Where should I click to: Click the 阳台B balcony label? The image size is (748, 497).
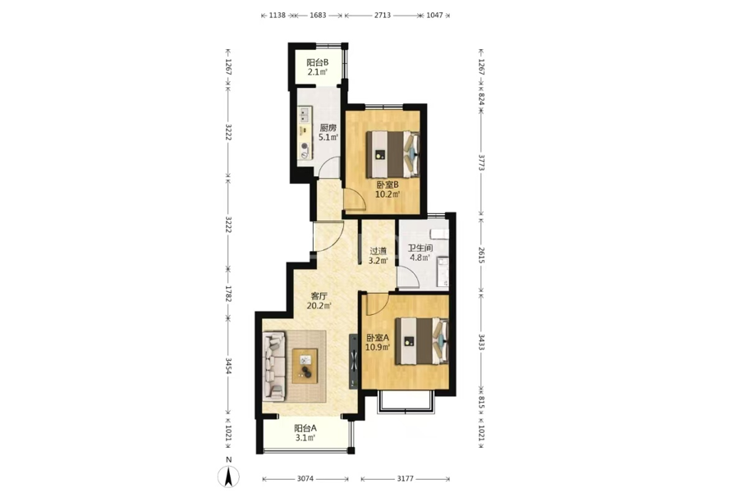tap(317, 62)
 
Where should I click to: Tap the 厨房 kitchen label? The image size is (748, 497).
tap(328, 128)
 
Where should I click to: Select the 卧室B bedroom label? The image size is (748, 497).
tap(388, 185)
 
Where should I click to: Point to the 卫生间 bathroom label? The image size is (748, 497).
tap(420, 248)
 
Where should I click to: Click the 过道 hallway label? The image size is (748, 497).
tap(378, 251)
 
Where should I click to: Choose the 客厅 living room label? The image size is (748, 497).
tap(319, 296)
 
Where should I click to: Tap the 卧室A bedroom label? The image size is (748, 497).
tap(378, 337)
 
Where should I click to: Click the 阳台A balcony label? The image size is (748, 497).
tap(305, 428)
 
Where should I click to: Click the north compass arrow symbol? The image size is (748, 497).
tap(228, 476)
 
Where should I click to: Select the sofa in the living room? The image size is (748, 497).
tap(274, 367)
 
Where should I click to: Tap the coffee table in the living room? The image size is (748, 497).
tap(305, 366)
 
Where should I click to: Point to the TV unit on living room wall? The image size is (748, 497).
tap(354, 361)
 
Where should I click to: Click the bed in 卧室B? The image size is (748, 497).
tap(393, 154)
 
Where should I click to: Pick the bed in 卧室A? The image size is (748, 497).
tap(422, 341)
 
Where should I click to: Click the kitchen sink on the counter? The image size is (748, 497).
tap(305, 115)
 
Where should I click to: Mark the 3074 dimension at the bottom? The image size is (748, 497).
tap(305, 479)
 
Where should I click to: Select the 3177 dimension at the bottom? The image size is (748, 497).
tap(406, 479)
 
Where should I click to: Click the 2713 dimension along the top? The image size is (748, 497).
tap(382, 16)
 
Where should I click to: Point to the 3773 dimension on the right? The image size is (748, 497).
tap(481, 162)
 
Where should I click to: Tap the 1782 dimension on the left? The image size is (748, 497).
tap(228, 294)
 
